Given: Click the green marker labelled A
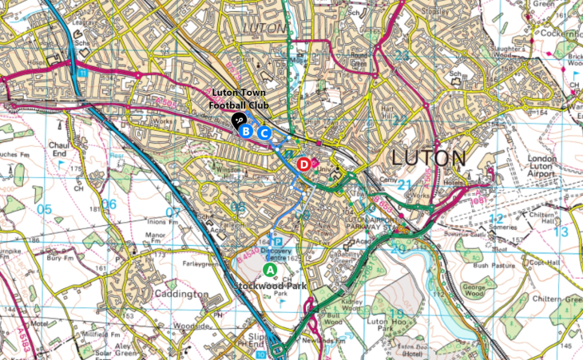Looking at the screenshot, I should pyautogui.click(x=270, y=270).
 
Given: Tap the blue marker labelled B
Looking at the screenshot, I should pyautogui.click(x=247, y=130).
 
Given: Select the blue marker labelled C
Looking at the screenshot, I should pyautogui.click(x=264, y=133).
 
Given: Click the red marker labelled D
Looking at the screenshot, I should pyautogui.click(x=303, y=164).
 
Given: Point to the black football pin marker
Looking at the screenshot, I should pyautogui.click(x=238, y=120).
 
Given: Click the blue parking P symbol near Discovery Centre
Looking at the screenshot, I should pyautogui.click(x=276, y=240).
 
